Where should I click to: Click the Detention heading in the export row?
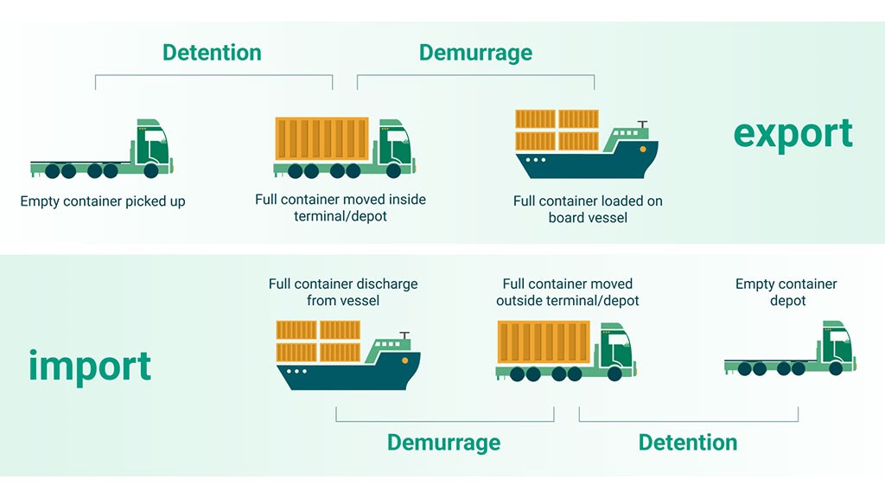pos(213,52)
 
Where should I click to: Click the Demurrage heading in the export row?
pos(475,52)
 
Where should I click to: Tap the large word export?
pos(793,134)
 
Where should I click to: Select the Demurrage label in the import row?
pos(443,443)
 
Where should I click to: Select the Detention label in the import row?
pos(688,443)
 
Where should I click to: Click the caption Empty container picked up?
pos(103,201)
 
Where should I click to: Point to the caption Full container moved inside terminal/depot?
pos(340,207)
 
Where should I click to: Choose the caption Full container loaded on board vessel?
pos(588,209)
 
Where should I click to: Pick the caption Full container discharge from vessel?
pos(343,292)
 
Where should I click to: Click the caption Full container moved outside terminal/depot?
pos(568,292)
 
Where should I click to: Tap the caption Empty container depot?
pos(786,292)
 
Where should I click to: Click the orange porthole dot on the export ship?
pos(643,149)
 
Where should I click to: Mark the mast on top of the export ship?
pos(641,125)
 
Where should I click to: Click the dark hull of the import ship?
pos(346,379)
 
